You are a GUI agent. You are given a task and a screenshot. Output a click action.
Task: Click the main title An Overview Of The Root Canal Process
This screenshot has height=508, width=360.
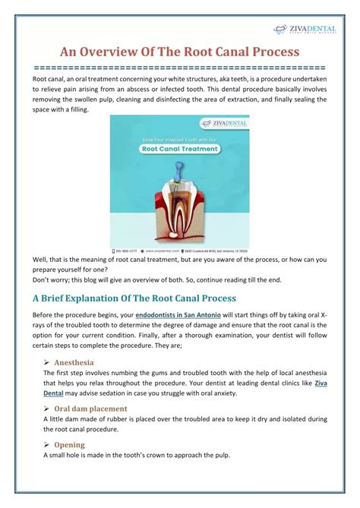click(179, 52)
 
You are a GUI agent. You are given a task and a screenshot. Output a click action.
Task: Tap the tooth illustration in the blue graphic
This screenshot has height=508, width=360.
click(178, 204)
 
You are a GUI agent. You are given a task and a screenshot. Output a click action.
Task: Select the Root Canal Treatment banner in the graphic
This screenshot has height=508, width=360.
click(179, 149)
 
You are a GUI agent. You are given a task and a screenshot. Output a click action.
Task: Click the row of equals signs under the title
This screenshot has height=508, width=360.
click(179, 67)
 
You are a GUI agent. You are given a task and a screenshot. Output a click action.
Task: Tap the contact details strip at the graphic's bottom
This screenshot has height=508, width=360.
click(179, 249)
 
